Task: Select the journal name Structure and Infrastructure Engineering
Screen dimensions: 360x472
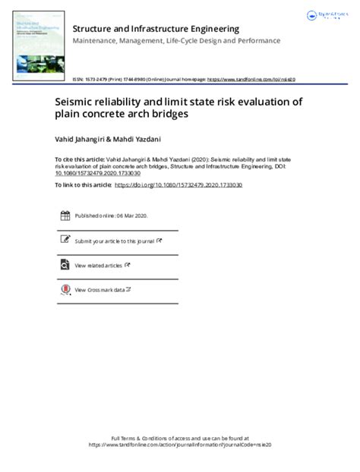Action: (x=155, y=28)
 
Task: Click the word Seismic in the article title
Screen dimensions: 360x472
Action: (x=74, y=100)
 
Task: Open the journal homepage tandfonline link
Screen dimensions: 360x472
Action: (x=251, y=79)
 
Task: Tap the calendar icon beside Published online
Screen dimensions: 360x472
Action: (x=65, y=216)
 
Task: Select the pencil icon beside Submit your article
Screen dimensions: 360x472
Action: (x=65, y=240)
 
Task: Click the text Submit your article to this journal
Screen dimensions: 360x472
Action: (x=115, y=241)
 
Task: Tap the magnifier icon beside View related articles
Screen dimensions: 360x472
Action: (x=65, y=265)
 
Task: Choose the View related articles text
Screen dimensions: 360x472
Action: (x=98, y=265)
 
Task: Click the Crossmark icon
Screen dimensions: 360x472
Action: (x=65, y=289)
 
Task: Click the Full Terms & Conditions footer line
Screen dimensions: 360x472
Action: (x=180, y=439)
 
